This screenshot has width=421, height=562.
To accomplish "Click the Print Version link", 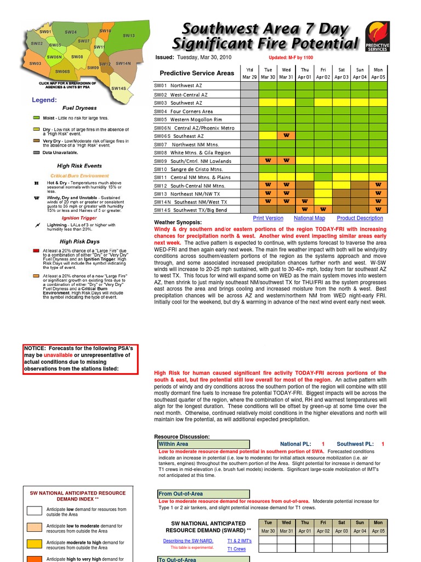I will pos(268,218).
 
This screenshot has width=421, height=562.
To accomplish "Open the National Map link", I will pos(310,218).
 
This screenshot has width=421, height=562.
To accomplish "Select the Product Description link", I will pos(360,218).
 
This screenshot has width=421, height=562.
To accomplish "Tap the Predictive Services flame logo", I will pos(377,37).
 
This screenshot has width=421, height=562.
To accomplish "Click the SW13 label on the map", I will pos(129,36).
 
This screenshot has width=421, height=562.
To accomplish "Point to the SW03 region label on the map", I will pos(36,64).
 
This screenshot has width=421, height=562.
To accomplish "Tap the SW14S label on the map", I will pos(118,88).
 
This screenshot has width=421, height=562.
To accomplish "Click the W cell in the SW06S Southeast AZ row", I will pos(286,136).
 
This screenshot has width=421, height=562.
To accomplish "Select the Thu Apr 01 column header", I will pos(305,73).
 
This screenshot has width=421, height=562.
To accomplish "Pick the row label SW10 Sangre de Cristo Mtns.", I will pos(188,169).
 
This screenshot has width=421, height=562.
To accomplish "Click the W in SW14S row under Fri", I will pos(323,210).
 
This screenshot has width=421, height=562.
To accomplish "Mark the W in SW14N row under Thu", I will pos(305,201).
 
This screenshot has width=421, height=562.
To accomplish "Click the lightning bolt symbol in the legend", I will pos(37,225).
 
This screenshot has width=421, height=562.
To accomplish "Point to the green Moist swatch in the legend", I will pos(37,118).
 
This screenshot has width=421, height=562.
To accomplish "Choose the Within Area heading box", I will pos(203,444).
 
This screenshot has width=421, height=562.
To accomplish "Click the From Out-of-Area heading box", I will pos(203,494).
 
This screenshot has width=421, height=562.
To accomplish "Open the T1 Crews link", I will pos(236,549).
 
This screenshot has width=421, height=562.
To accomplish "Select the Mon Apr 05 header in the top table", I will pos(378,73).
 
